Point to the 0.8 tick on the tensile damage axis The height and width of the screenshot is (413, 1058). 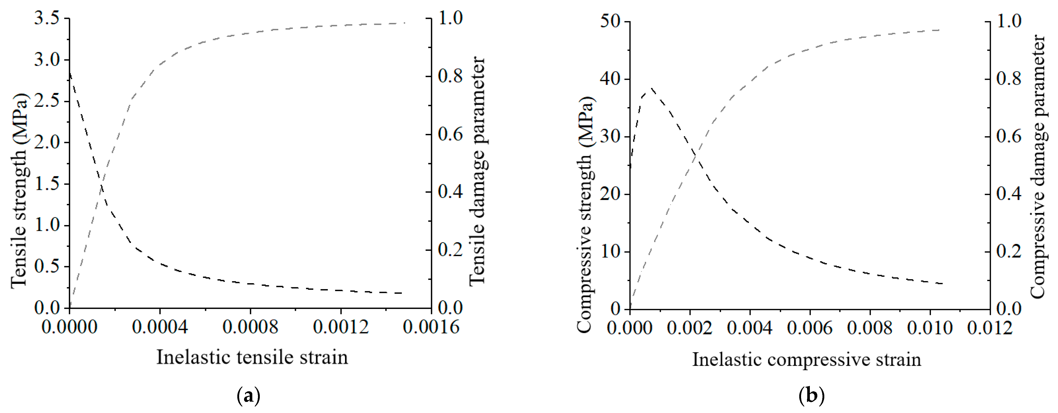(450, 76)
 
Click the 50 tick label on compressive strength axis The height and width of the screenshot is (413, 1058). (611, 21)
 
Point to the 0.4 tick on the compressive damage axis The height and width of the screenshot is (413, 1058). (1009, 194)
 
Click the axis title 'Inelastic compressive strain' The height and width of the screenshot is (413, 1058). (807, 360)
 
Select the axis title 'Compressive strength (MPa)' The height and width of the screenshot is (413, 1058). (586, 215)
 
